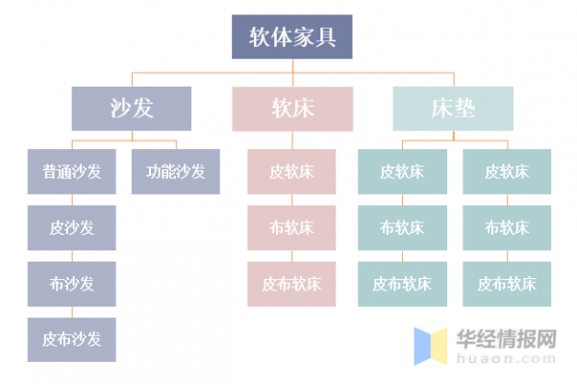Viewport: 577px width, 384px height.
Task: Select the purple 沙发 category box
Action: pos(132,109)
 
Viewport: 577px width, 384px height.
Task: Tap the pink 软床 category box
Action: pos(291,109)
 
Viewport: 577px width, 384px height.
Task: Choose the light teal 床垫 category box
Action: pos(452,109)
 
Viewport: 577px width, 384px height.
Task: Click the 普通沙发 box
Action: pos(71,172)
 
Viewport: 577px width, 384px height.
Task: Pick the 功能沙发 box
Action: pos(176,172)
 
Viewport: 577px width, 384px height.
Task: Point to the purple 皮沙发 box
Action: pos(71,228)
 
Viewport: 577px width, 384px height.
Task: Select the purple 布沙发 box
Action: pos(71,284)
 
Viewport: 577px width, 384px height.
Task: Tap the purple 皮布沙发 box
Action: pos(71,339)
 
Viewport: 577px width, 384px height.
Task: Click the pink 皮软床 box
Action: pos(291,172)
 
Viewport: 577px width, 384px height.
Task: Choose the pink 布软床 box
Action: pos(291,228)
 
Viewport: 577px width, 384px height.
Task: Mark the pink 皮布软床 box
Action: pos(291,284)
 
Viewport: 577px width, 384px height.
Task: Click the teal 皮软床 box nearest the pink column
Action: pos(402,172)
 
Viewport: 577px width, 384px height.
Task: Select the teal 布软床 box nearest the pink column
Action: pos(402,228)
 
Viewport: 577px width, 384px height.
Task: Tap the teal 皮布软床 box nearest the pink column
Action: pos(402,284)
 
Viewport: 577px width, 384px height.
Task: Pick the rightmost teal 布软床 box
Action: pos(507,228)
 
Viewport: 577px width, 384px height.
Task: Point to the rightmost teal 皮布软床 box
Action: pos(507,284)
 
